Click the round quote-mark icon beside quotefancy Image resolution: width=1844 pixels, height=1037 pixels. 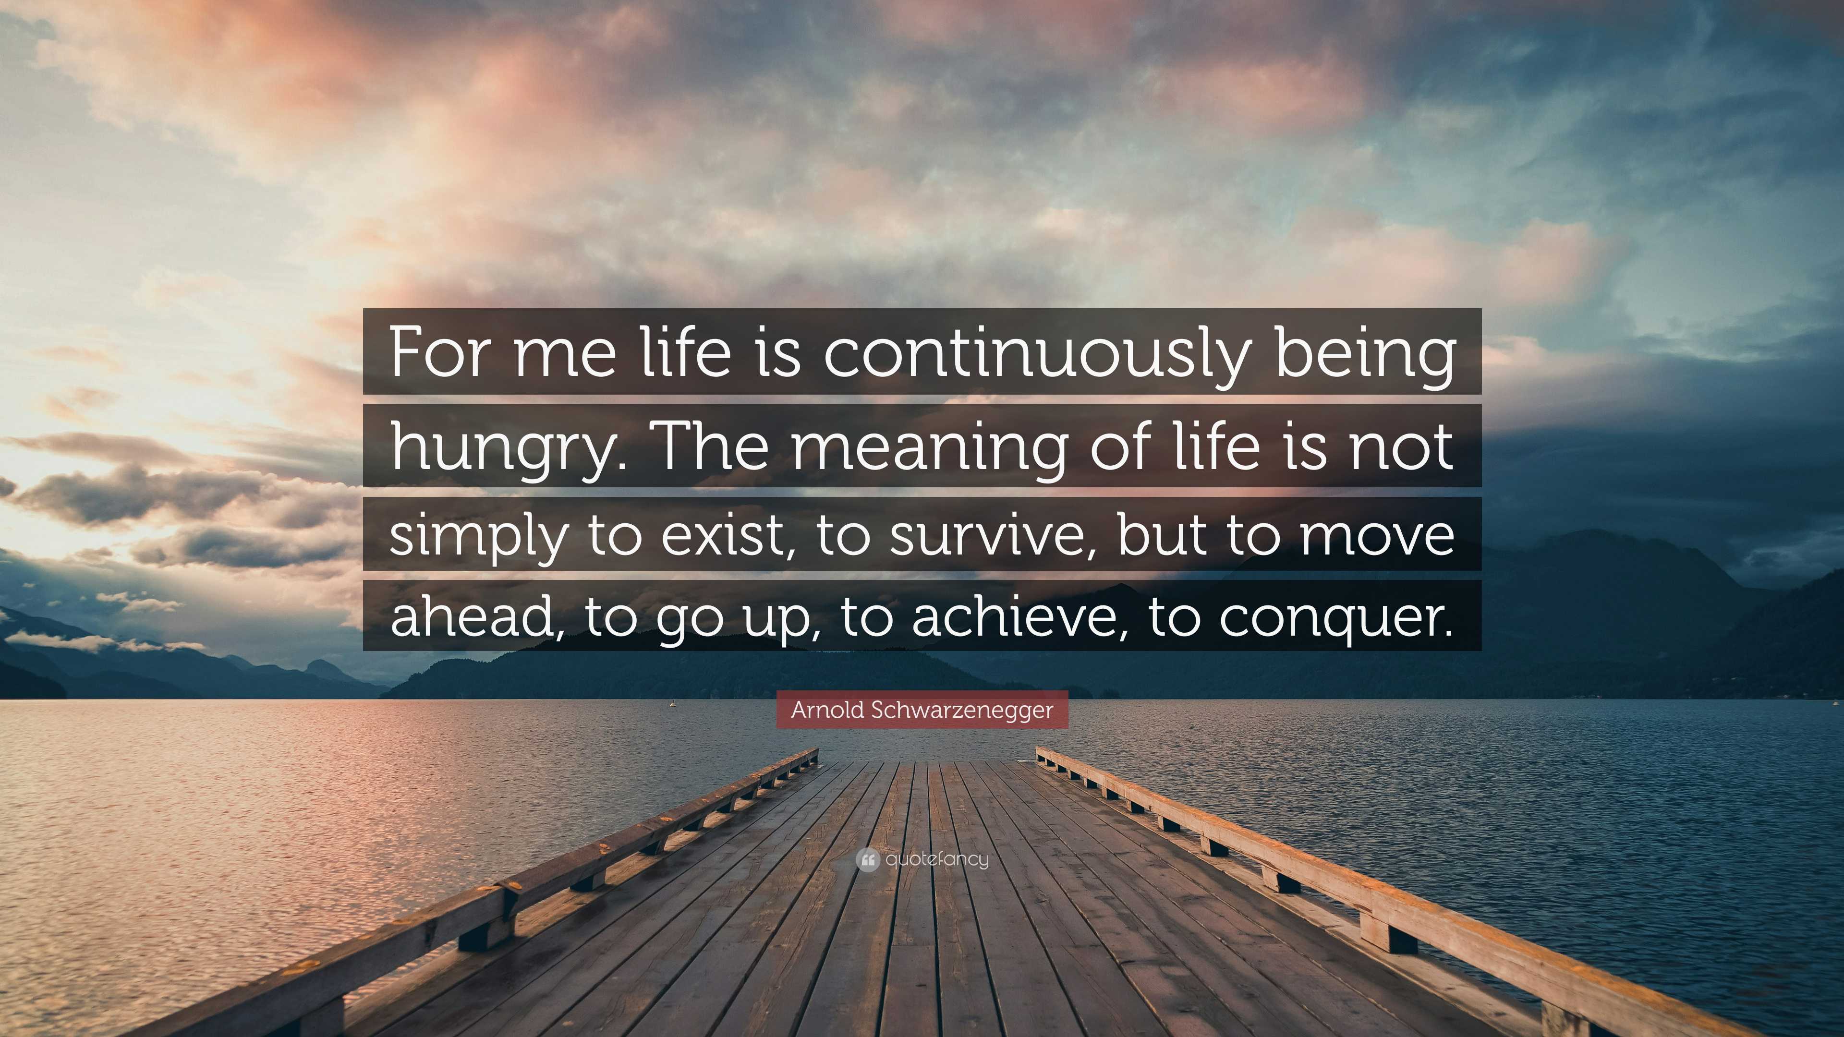(867, 859)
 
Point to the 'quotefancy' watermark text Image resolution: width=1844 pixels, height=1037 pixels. (937, 859)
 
